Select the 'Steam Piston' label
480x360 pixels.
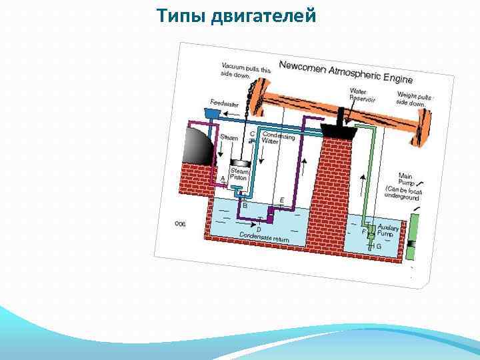tap(239, 174)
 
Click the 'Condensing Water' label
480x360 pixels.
tap(277, 139)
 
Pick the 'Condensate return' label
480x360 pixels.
tap(265, 236)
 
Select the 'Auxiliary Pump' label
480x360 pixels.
tap(388, 231)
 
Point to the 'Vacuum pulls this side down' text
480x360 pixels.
tap(246, 70)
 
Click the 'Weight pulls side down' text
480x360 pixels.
tap(415, 99)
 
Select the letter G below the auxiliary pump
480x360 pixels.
tap(379, 246)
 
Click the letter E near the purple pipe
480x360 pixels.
tap(282, 200)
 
